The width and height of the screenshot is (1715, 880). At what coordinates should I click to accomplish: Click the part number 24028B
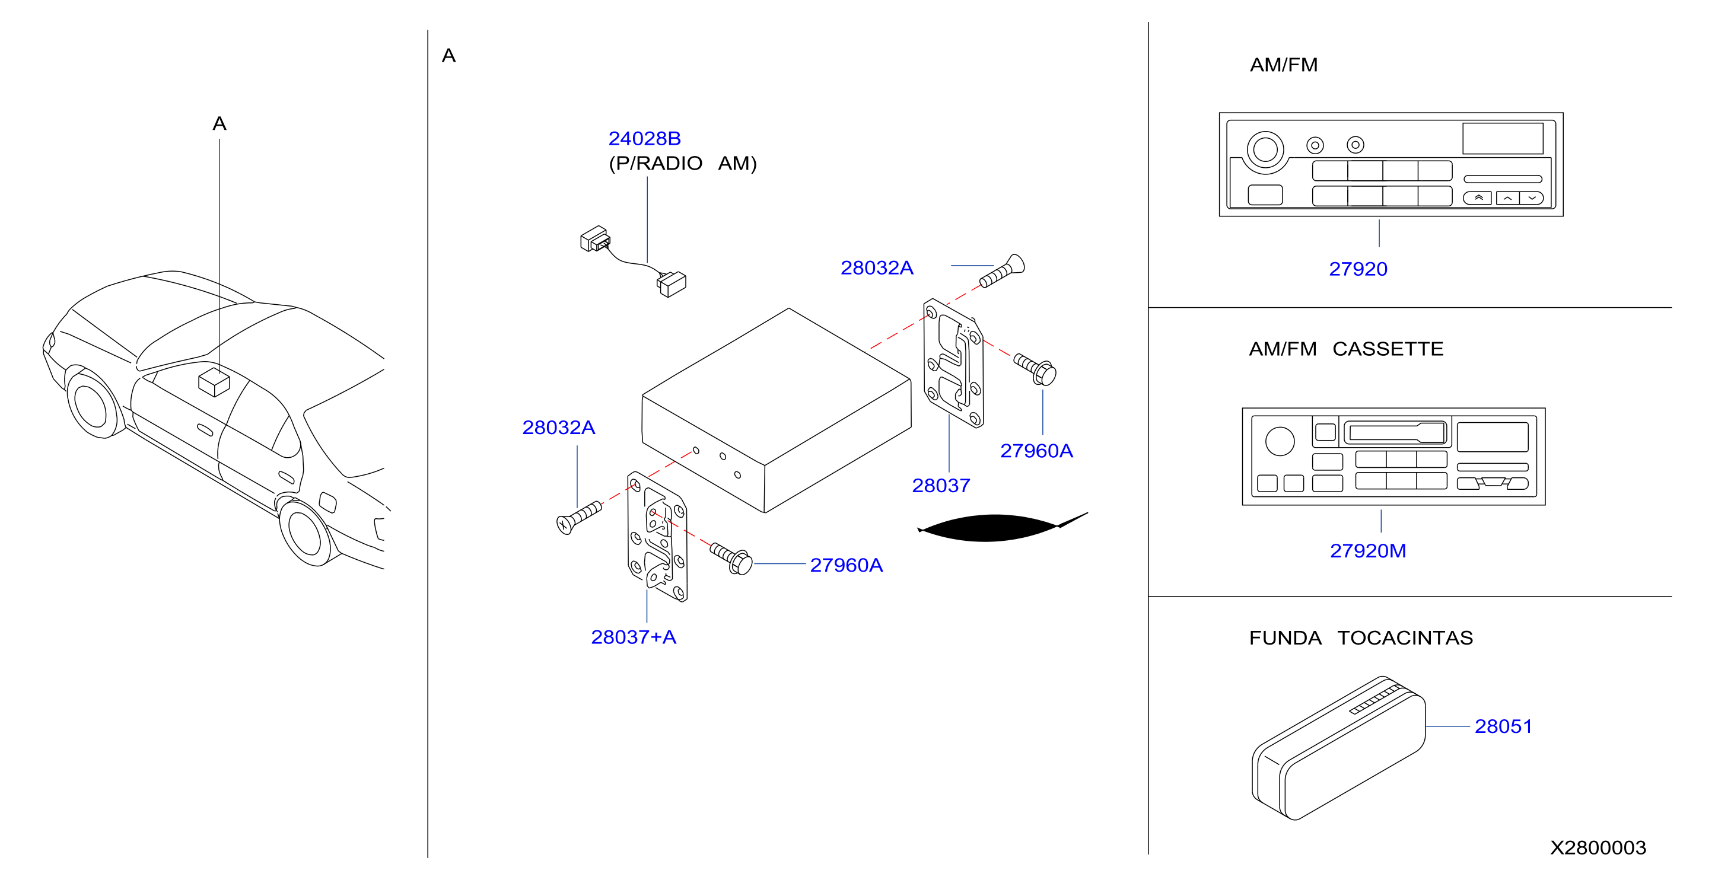tap(644, 138)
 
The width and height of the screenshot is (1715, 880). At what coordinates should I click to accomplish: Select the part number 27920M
tap(1367, 551)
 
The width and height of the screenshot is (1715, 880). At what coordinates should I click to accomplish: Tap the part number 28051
tap(1503, 726)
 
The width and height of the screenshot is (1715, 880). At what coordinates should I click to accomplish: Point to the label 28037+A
tap(633, 637)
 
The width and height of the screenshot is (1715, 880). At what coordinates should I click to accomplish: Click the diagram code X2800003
tap(1597, 847)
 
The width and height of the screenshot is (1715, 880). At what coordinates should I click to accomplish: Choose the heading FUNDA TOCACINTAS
tap(1360, 637)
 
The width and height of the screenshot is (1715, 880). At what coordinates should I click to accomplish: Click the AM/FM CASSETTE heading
tap(1345, 349)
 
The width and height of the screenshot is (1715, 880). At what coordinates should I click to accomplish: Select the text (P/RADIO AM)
tap(682, 164)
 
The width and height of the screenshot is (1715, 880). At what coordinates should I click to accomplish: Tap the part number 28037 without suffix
tap(941, 486)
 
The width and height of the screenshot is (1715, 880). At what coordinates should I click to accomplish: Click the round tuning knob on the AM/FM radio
tap(1265, 148)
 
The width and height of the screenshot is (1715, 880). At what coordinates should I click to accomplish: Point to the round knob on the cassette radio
tap(1280, 441)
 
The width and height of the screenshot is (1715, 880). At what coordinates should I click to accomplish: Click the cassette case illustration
tap(1338, 748)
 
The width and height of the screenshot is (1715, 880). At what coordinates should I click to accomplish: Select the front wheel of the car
tap(93, 403)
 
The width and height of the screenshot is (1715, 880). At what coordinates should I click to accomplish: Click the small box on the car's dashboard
tap(214, 381)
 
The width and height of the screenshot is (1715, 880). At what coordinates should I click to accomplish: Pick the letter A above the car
tap(219, 124)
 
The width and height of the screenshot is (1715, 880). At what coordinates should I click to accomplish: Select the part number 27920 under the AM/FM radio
tap(1357, 269)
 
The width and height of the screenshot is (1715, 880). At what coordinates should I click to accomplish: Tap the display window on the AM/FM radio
tap(1502, 138)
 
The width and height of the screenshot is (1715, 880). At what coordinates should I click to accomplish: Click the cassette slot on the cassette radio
tap(1395, 433)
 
